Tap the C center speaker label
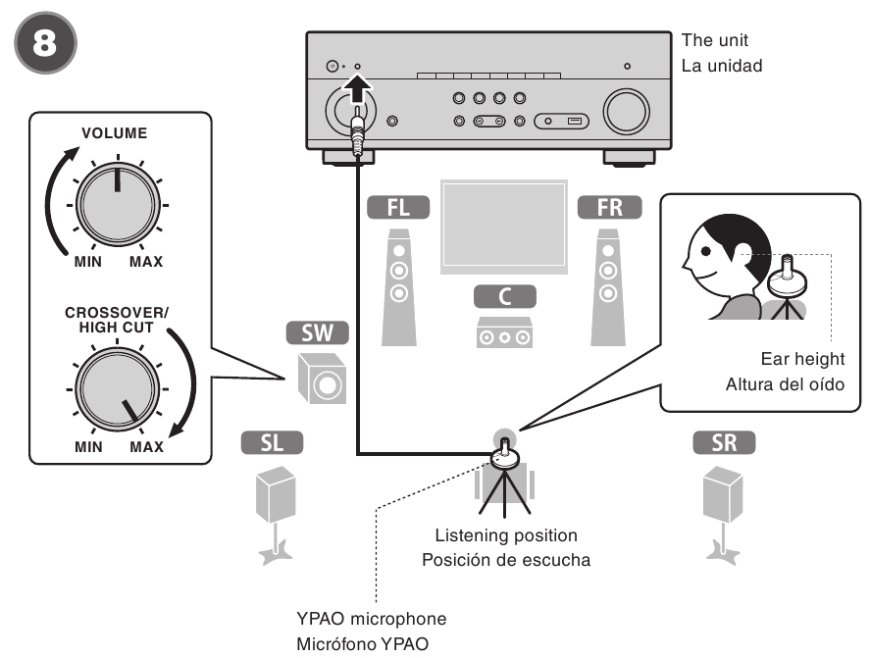pyautogui.click(x=504, y=295)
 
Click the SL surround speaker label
pyautogui.click(x=273, y=444)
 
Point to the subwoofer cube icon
pyautogui.click(x=320, y=382)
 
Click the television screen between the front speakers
pyautogui.click(x=503, y=229)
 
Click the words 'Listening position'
pyautogui.click(x=506, y=535)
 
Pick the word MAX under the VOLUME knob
pyautogui.click(x=146, y=262)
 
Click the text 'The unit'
pyautogui.click(x=714, y=42)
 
